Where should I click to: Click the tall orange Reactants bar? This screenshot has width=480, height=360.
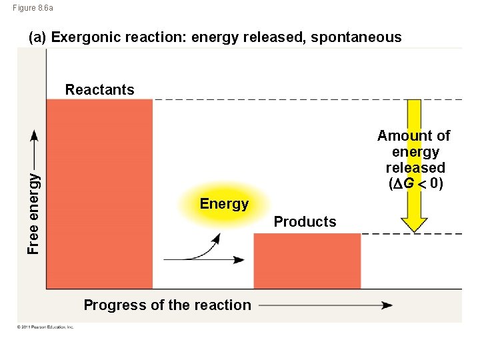[x=99, y=193]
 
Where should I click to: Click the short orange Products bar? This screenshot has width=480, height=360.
[x=307, y=261]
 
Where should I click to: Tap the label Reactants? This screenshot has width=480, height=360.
[x=99, y=90]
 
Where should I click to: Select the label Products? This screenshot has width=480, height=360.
[x=305, y=222]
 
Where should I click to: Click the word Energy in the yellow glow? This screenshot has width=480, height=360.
[x=224, y=204]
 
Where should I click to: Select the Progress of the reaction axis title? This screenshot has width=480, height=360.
[x=167, y=305]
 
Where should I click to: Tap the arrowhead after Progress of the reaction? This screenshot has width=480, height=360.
[x=387, y=305]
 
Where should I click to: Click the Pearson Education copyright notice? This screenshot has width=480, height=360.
[x=46, y=327]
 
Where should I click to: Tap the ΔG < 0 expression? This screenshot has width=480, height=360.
[x=414, y=183]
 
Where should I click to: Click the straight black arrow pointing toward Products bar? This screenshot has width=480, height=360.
[x=203, y=259]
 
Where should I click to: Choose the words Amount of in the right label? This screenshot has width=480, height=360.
[x=413, y=136]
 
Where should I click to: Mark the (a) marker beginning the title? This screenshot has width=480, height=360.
[x=37, y=37]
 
